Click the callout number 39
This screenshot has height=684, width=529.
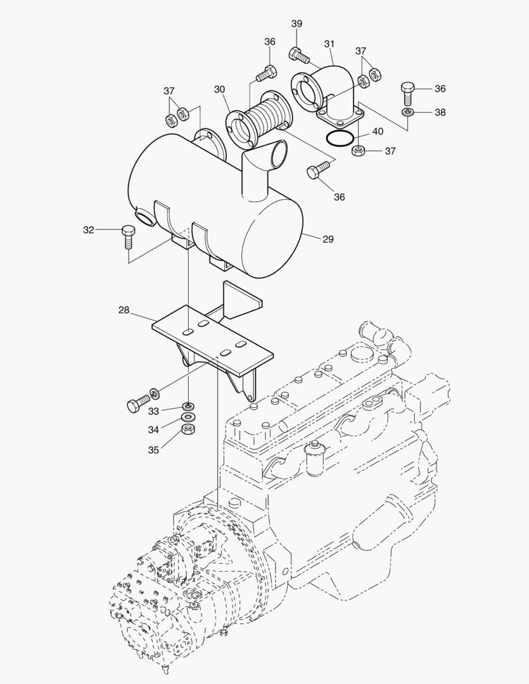pos(296,24)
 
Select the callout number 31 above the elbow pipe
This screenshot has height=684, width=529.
pos(329,44)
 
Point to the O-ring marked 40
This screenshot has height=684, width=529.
pos(339,137)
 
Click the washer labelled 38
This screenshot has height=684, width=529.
pos(408,112)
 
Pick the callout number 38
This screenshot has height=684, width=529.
pos(440,112)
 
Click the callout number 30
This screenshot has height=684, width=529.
pos(219,90)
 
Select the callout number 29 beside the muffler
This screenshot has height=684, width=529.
pos(328,239)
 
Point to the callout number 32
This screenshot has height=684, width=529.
pos(88,230)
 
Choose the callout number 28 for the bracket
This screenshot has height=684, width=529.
pos(124,310)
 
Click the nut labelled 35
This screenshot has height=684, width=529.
pos(187,429)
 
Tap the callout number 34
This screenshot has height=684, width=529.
pos(153,430)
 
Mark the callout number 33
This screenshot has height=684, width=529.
pos(153,411)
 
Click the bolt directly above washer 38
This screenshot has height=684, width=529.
pos(408,92)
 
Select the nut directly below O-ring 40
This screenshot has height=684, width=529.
pos(357,151)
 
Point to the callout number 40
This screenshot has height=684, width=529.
pos(377,132)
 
